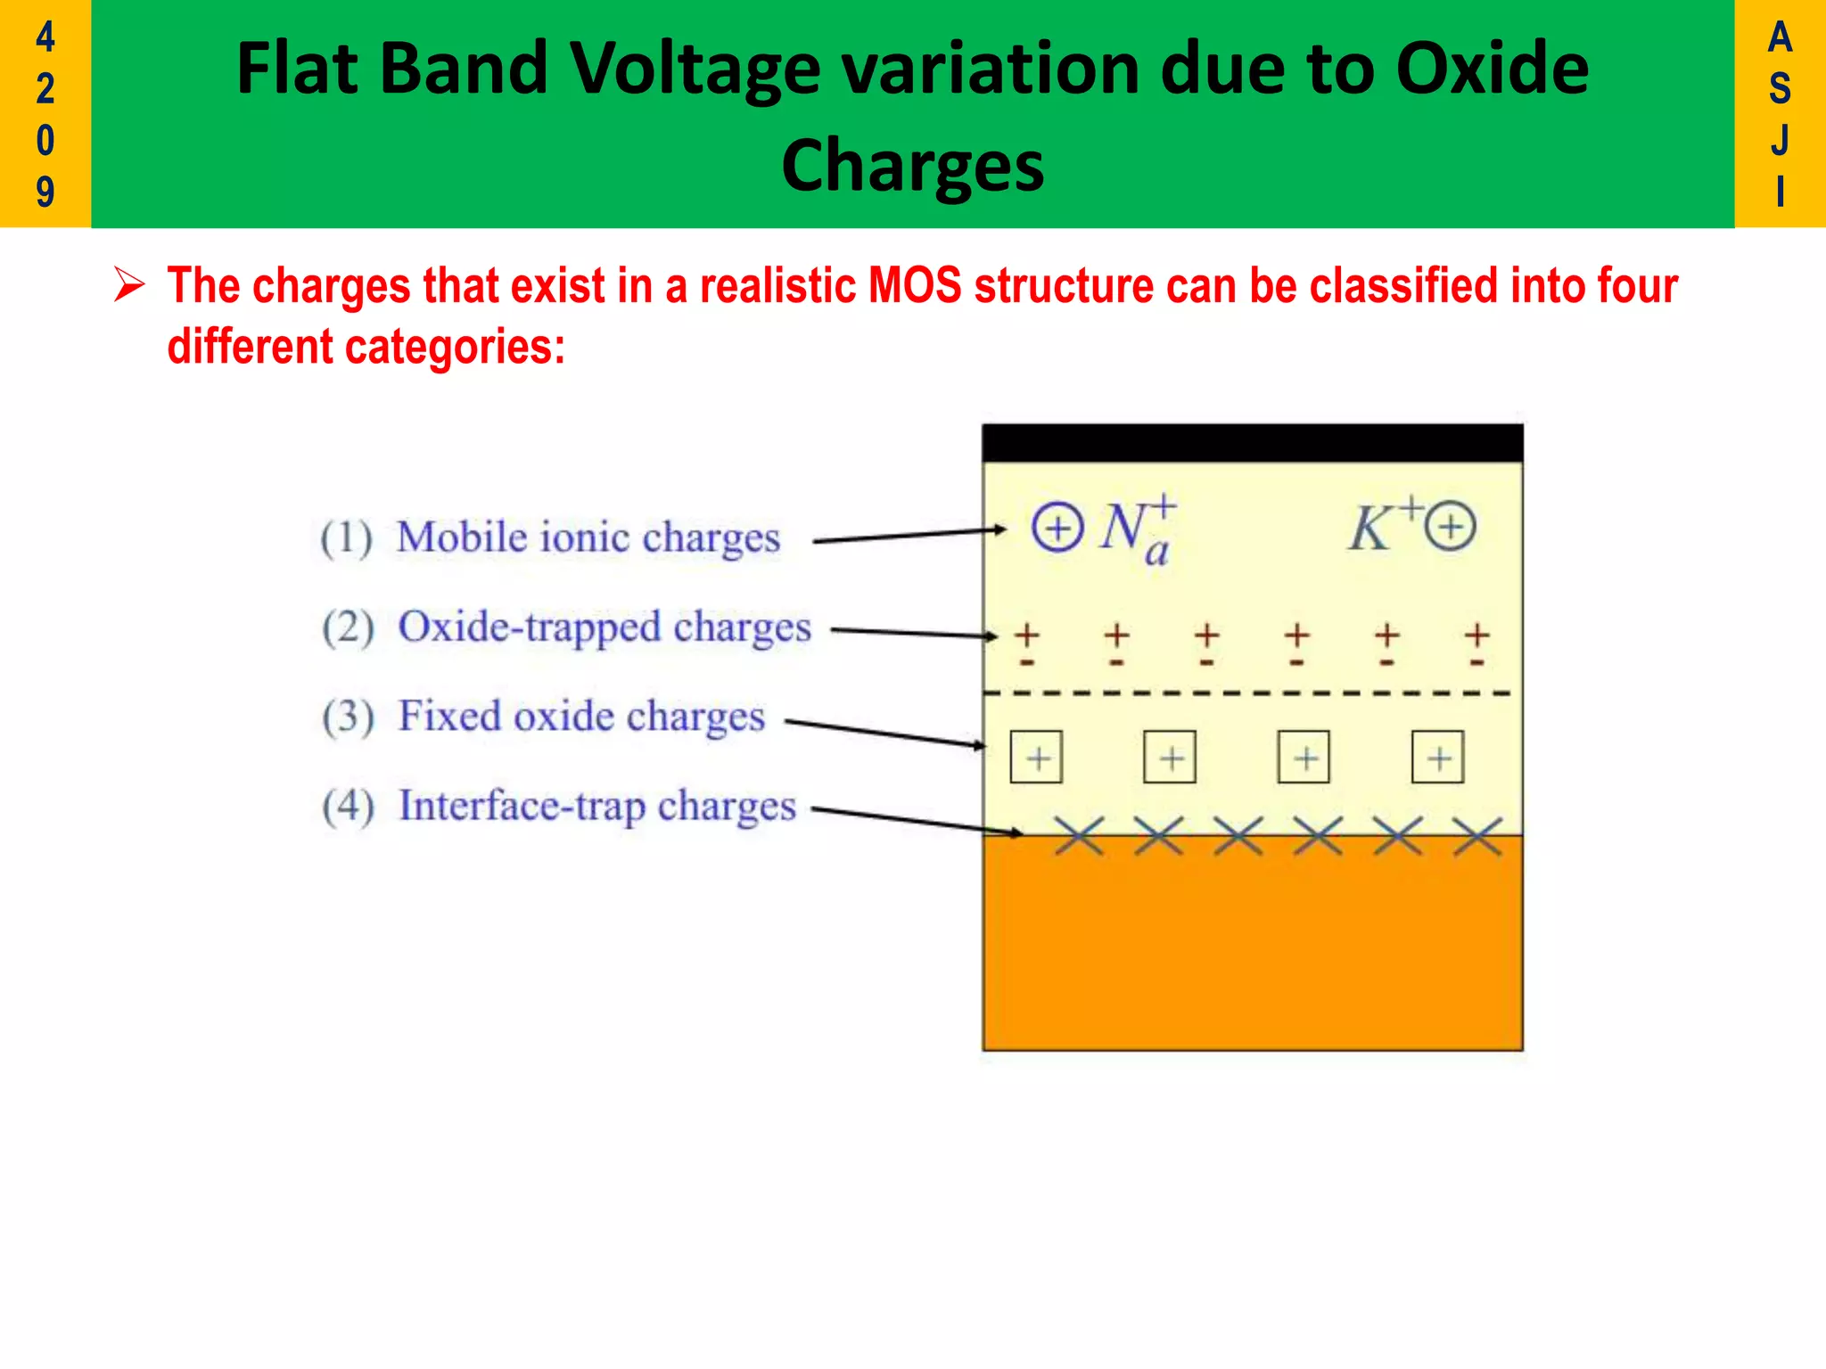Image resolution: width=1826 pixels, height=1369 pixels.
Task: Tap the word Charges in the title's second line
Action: pos(912,167)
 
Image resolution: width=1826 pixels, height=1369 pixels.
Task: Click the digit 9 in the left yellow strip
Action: pos(45,192)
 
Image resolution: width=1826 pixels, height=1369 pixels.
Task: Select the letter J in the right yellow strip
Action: pos(1780,141)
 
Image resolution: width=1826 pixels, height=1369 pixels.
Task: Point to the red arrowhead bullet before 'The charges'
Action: pos(130,286)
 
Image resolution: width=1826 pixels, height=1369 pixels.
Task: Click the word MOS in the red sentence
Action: pos(915,286)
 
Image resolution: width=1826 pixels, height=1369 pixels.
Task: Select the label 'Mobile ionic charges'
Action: pos(588,538)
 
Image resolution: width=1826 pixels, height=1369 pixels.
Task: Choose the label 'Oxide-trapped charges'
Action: pos(604,627)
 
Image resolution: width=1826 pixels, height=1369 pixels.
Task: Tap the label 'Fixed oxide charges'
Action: pos(580,717)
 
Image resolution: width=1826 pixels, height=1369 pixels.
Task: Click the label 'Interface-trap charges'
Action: pos(596,807)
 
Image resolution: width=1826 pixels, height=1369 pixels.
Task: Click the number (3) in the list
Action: pos(348,717)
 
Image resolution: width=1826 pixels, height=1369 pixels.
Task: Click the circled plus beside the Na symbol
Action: pos(1057,528)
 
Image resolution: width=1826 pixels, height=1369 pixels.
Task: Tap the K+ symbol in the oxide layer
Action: pos(1382,526)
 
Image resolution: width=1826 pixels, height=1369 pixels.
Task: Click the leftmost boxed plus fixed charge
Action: pos(1036,758)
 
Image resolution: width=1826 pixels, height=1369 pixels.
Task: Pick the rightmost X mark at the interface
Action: pos(1477,836)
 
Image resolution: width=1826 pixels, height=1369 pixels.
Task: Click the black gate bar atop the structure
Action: pos(1252,443)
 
